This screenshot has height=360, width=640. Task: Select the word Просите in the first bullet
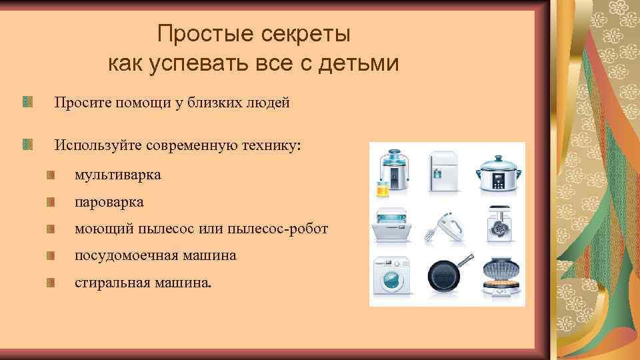[82, 103]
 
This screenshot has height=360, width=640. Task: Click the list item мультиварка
[118, 175]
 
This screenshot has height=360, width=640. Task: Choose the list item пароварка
[109, 202]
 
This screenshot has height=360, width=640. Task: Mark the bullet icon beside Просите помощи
[27, 102]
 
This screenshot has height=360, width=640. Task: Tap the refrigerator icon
[444, 171]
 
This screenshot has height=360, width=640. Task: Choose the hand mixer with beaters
[445, 227]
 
